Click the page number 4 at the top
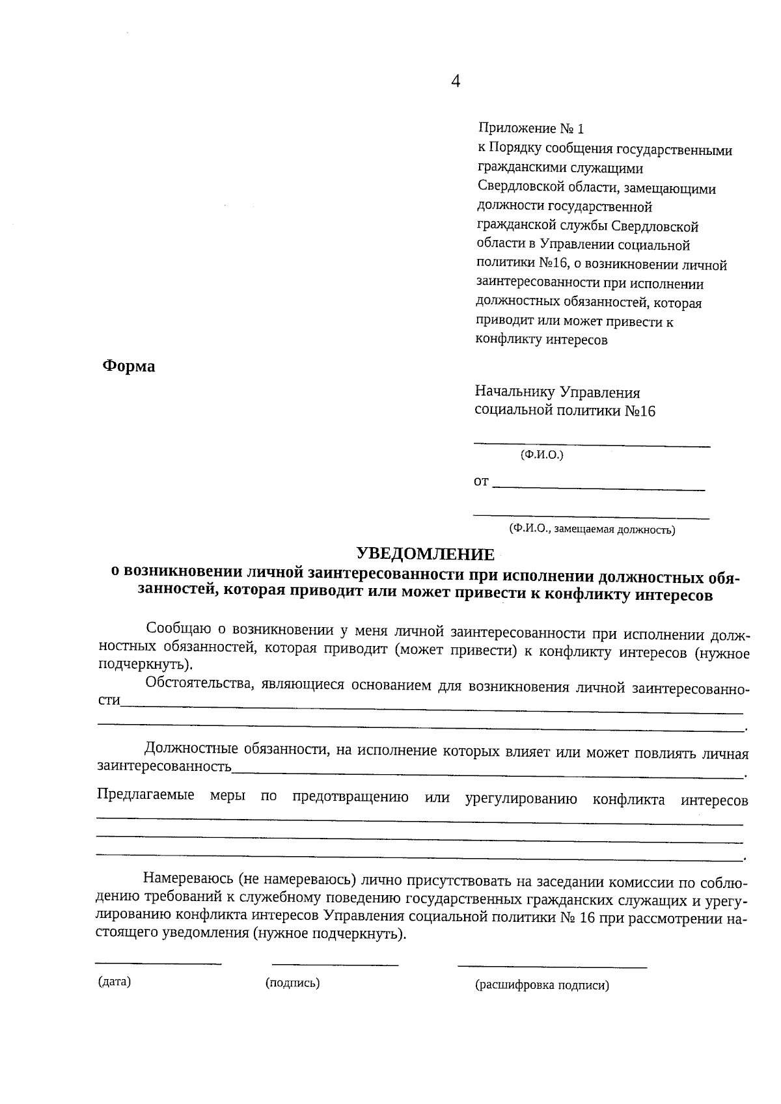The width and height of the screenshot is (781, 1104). pyautogui.click(x=456, y=81)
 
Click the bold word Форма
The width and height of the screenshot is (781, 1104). pyautogui.click(x=129, y=367)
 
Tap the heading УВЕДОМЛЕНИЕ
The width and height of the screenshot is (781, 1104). pyautogui.click(x=426, y=554)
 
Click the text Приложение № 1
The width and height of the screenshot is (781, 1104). pyautogui.click(x=532, y=128)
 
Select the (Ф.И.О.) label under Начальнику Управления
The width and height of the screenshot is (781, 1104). pyautogui.click(x=541, y=455)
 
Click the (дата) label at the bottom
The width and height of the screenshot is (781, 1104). pyautogui.click(x=115, y=982)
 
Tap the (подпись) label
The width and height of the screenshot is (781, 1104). pyautogui.click(x=292, y=983)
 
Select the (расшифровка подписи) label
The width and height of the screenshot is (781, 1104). pyautogui.click(x=542, y=985)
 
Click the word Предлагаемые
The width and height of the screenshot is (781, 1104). pyautogui.click(x=146, y=794)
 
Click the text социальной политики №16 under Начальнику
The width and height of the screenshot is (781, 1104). pyautogui.click(x=565, y=411)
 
